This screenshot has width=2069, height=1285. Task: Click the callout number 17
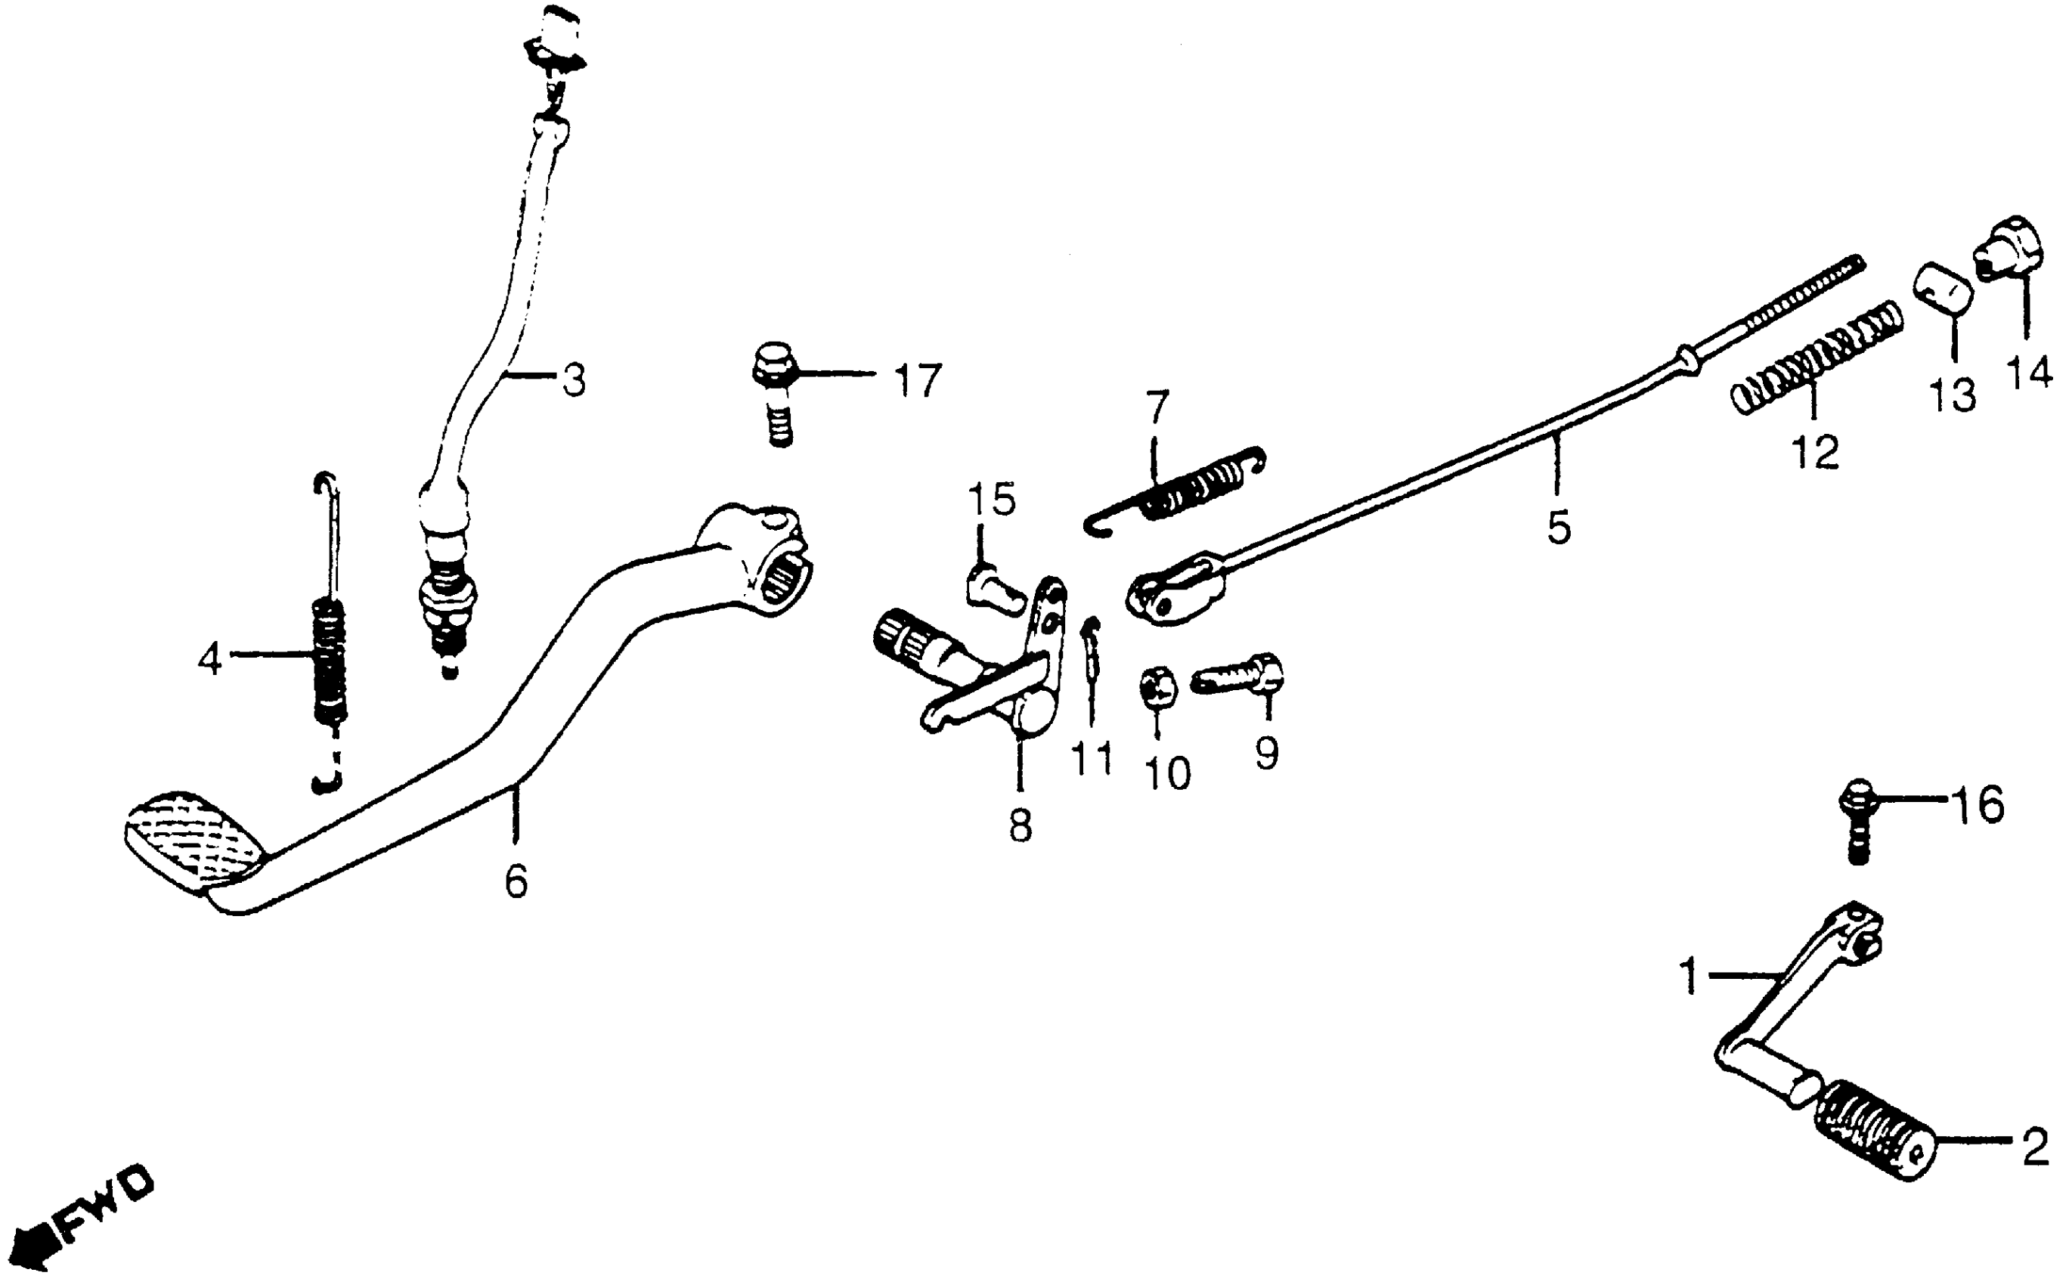(917, 381)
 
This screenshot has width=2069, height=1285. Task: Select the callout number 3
(575, 381)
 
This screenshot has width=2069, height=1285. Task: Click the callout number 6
(516, 881)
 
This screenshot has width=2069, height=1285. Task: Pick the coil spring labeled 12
(1816, 357)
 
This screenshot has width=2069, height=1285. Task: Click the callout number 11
(1091, 759)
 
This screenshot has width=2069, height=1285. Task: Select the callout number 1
(1690, 977)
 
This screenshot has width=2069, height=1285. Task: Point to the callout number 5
(1558, 528)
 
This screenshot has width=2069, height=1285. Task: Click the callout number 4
(210, 658)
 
